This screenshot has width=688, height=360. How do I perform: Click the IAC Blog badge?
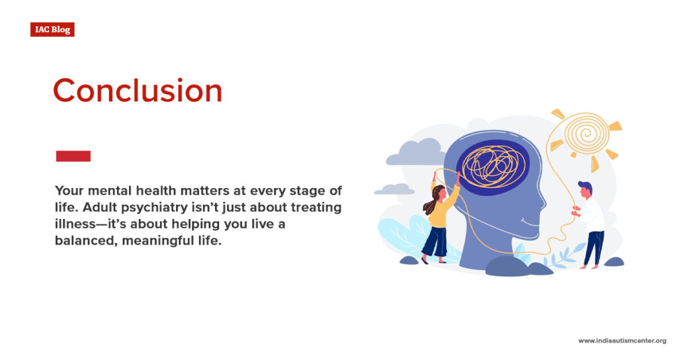52,30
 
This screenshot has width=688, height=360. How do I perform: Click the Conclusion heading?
137,91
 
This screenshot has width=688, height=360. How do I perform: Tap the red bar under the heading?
73,156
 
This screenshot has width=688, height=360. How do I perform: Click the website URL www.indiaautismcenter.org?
622,341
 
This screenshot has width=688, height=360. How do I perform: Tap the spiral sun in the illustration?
585,134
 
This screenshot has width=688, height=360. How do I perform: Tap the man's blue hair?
585,186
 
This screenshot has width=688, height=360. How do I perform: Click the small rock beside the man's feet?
613,262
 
